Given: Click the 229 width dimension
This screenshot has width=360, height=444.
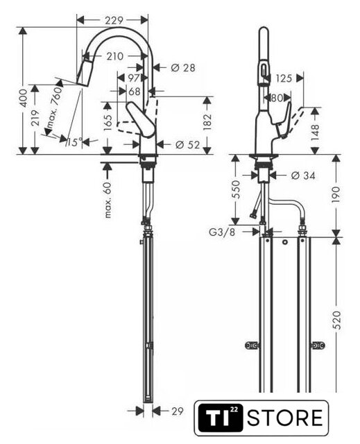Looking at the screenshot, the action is [x=114, y=20].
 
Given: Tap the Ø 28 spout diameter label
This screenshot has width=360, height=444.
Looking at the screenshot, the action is [x=183, y=68].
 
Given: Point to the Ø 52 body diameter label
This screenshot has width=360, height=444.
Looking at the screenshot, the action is [x=188, y=145].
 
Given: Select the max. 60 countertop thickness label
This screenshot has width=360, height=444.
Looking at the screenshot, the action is [x=108, y=200].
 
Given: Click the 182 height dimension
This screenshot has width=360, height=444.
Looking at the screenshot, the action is [x=207, y=122].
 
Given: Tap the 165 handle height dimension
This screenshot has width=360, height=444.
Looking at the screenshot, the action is [x=108, y=123].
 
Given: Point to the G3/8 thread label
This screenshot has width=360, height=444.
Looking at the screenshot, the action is [x=222, y=232].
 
